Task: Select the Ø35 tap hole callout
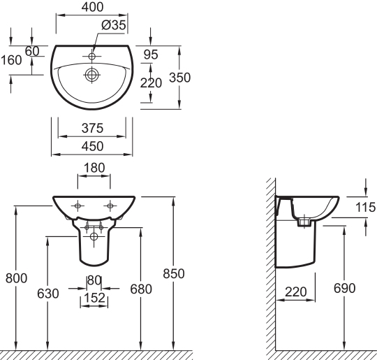coord(112,25)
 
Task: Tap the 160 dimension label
coord(11,59)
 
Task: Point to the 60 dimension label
coord(32,52)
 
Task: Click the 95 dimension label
coord(150,54)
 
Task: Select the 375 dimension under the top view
coord(92,128)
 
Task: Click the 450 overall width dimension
coord(92,145)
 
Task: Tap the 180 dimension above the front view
coord(93,169)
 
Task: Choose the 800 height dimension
coord(16,278)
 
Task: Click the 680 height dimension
coord(141,288)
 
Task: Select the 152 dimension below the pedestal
coord(94,298)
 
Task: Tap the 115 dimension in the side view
coord(364,207)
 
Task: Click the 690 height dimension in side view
coord(344,288)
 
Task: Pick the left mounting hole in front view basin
coord(77,205)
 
